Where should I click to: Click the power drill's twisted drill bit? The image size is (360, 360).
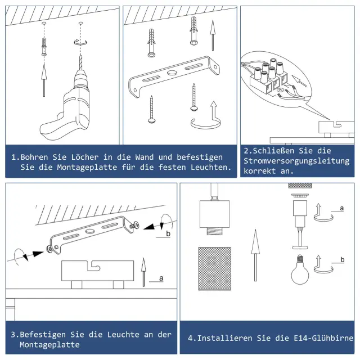[x=80, y=62]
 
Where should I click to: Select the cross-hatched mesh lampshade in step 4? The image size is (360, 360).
[x=214, y=269]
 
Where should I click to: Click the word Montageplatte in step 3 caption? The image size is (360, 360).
[x=49, y=345]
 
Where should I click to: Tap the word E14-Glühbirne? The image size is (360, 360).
[x=323, y=338]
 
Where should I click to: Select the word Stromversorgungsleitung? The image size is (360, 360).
[x=296, y=161]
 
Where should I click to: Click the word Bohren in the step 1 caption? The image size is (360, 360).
[x=34, y=157]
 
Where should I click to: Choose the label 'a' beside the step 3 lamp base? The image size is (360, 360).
[x=161, y=278]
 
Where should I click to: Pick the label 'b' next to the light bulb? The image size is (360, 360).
[x=343, y=260]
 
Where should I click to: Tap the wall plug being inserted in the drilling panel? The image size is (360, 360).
[x=44, y=47]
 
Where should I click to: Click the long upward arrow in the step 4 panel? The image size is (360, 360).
[x=255, y=255]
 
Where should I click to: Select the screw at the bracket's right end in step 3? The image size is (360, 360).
[x=134, y=225]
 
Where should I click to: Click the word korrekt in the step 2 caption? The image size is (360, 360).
[x=260, y=171]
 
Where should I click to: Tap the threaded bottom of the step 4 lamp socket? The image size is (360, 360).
[x=215, y=231]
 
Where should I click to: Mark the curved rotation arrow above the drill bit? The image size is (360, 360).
[x=80, y=43]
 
